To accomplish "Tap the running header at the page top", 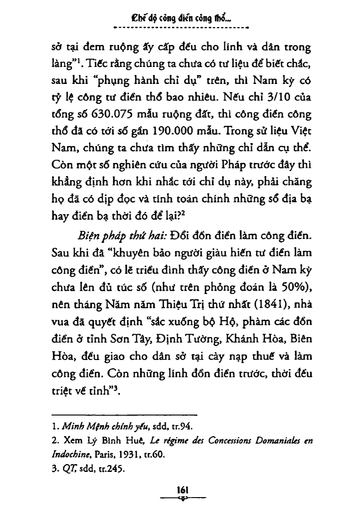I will pos(181,20).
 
